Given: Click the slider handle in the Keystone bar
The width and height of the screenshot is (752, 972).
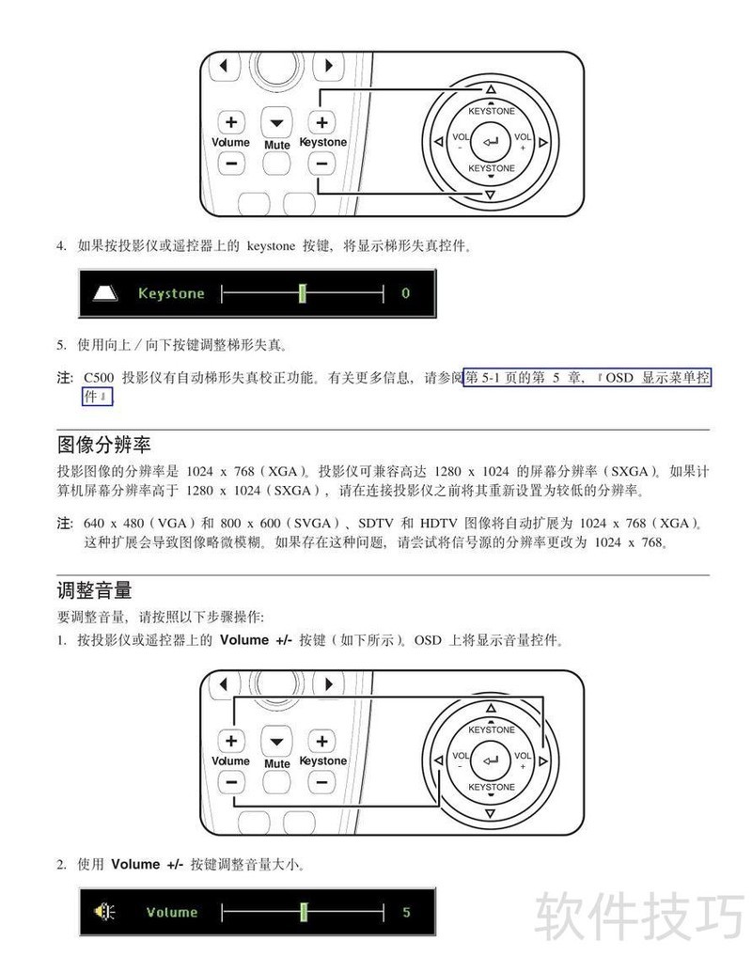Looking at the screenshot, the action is point(302,292).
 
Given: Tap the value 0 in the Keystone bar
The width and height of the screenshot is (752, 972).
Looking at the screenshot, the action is point(405,293).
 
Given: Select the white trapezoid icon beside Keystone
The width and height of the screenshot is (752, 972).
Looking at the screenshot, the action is point(105,292).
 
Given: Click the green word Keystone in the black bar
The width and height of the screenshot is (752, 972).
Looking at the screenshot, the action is point(171,293).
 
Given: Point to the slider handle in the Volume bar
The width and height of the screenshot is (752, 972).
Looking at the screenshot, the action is point(304,911).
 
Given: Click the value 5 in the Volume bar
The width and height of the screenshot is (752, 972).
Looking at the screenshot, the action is point(406,912).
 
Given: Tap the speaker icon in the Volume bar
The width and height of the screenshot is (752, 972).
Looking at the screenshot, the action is point(104,911).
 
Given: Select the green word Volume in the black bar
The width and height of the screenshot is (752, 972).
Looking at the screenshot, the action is point(172,912).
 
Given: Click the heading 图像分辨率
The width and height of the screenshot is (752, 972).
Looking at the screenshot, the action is point(103,445).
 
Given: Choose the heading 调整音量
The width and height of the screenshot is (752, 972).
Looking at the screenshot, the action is point(94,590).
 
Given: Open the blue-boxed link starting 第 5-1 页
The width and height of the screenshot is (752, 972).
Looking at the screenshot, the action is point(587,378).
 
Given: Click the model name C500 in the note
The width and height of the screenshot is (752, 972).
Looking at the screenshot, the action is point(99,378).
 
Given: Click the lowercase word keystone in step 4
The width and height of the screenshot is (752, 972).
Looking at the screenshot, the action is point(271,246).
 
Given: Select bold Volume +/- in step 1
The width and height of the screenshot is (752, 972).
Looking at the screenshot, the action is point(256,640).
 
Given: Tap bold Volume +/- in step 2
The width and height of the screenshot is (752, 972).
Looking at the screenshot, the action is point(147,864).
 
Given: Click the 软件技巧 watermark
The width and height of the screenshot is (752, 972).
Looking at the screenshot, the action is point(639,917).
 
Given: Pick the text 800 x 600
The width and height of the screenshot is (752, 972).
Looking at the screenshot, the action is point(249,524).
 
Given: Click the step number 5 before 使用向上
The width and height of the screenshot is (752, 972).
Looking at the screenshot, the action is point(61,345).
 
